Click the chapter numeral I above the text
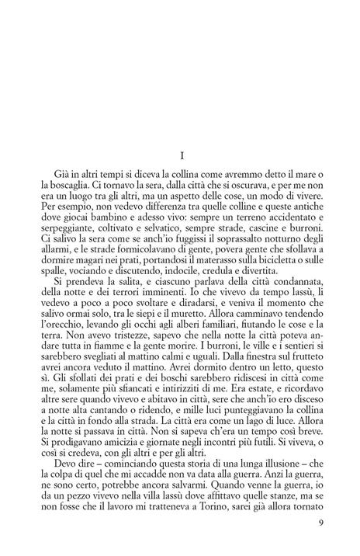(x=181, y=156)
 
